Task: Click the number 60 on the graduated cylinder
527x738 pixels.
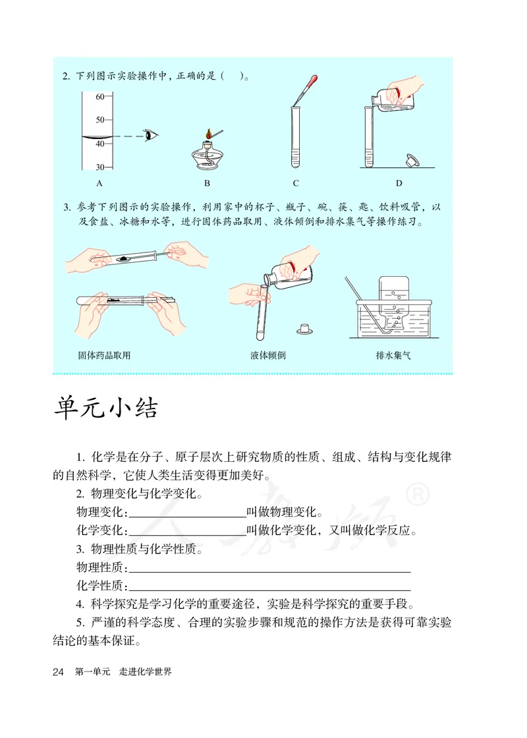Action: (100, 97)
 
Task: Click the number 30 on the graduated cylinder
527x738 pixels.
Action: (100, 167)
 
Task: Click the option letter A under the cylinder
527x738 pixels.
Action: (99, 183)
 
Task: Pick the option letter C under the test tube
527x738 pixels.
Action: (296, 183)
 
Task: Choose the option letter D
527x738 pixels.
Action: (399, 183)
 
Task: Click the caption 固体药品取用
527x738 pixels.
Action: (104, 355)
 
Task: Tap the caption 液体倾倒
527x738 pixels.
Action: (268, 355)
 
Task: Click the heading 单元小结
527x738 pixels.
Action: (105, 408)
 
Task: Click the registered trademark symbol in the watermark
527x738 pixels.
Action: (420, 494)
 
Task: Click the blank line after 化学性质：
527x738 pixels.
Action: (270, 585)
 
